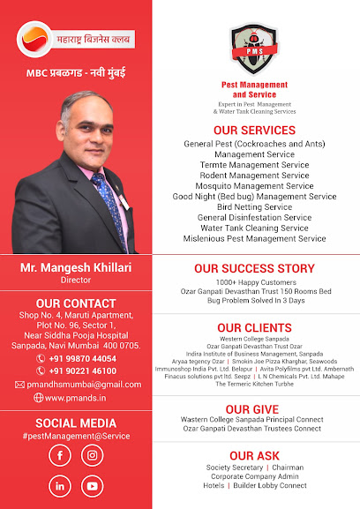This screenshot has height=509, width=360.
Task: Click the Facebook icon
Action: click(60, 455)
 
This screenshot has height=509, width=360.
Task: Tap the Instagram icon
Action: click(91, 455)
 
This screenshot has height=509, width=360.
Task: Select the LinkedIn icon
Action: click(60, 485)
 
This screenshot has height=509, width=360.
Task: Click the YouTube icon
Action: click(91, 485)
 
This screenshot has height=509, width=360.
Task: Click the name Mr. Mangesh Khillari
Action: click(76, 267)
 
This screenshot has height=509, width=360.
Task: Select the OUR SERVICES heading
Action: click(254, 131)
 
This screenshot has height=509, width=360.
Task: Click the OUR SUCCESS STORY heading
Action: click(254, 268)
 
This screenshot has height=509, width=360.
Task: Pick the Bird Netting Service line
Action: click(254, 207)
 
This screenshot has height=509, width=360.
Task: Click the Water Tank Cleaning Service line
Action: click(254, 228)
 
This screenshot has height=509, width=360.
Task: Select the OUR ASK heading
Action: click(254, 455)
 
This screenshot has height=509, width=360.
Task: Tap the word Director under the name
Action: click(76, 280)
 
